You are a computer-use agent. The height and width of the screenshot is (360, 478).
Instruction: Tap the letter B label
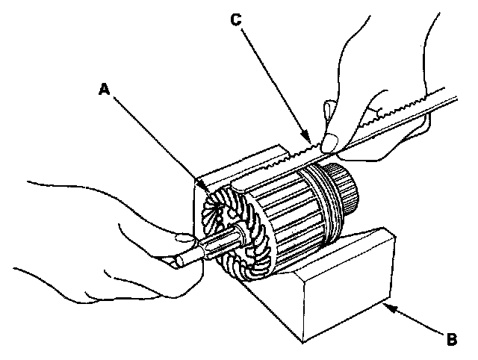451,341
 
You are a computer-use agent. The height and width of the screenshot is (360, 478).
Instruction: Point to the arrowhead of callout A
217,196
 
